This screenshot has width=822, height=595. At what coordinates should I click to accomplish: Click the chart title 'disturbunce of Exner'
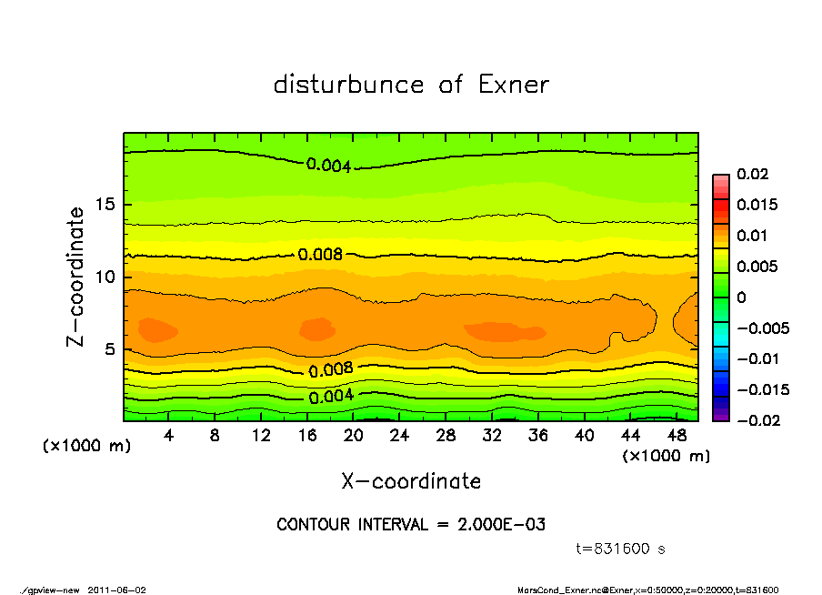411,85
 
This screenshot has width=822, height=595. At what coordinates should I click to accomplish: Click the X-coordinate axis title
411,480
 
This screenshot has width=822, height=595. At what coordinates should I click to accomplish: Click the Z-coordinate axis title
76,276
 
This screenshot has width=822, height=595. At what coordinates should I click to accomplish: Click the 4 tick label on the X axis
168,436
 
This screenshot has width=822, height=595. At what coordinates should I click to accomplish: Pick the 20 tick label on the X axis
354,436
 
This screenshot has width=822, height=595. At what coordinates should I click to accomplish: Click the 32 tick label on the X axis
492,436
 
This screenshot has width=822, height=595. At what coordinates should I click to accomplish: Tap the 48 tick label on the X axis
677,436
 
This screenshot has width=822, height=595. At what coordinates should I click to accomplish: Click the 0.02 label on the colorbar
754,174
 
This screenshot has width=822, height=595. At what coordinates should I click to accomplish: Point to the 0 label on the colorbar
741,297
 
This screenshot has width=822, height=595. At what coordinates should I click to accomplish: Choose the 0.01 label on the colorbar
754,236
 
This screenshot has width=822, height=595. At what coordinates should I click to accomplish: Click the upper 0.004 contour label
328,165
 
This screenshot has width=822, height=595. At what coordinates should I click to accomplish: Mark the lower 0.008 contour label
330,369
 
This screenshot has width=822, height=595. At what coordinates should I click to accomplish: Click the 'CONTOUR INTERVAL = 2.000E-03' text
411,525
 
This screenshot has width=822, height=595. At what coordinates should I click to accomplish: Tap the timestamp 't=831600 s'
621,549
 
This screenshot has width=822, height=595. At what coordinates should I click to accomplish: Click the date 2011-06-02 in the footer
117,590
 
